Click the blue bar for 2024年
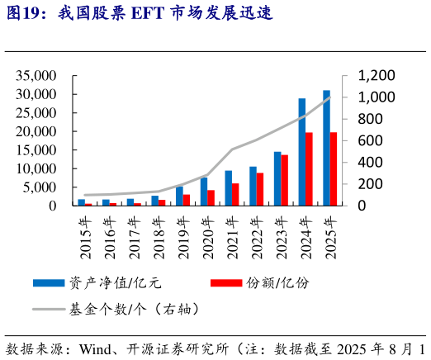pyautogui.click(x=302, y=152)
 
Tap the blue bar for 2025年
pyautogui.click(x=326, y=148)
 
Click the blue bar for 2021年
pyautogui.click(x=229, y=187)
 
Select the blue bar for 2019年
pyautogui.click(x=179, y=196)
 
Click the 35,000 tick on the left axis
pyautogui.click(x=35, y=76)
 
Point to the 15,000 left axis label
pyautogui.click(x=35, y=150)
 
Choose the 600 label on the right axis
pyautogui.click(x=368, y=140)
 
